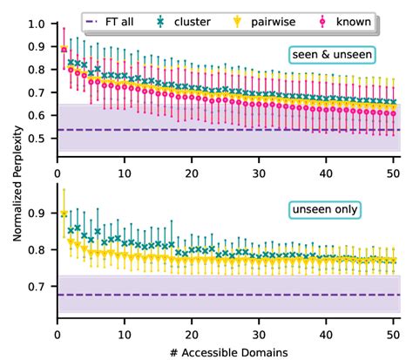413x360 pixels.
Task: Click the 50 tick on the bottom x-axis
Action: [x=392, y=331]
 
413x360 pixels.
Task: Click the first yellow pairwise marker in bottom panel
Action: [x=64, y=213]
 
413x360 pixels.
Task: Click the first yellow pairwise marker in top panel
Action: [x=64, y=50]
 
